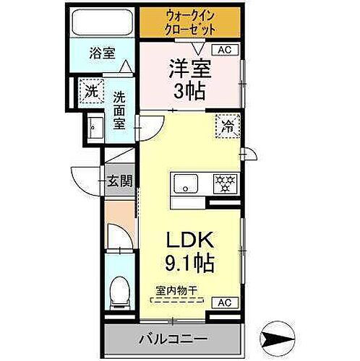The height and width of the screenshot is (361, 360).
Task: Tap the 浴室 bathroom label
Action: tap(102, 53)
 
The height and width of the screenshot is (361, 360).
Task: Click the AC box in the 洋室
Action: tap(224, 50)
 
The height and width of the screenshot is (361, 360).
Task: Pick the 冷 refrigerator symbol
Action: tap(226, 125)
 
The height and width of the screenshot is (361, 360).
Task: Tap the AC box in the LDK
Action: tap(224, 302)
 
